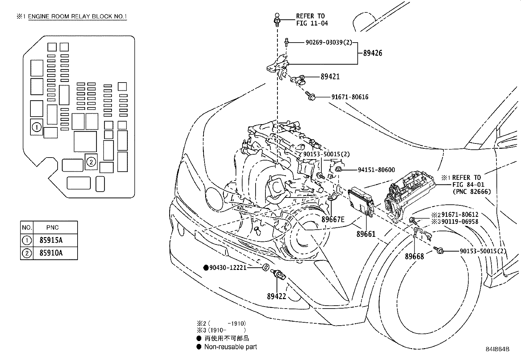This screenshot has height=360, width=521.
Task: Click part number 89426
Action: coord(372,53)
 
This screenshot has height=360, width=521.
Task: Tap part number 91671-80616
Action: coord(350,97)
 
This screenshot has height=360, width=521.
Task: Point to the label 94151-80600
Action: coord(376,170)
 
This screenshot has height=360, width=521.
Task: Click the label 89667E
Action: coord(333,219)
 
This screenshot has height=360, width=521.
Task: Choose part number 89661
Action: coord(366,234)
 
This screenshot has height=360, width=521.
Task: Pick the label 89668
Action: coord(414,256)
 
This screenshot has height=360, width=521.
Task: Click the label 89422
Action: coord(277,296)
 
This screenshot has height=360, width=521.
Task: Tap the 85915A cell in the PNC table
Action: coord(51,240)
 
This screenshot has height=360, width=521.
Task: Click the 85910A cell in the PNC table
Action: coord(51,253)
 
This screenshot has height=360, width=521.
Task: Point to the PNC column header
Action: coord(52,227)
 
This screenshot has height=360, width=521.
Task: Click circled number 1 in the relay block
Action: coord(37,127)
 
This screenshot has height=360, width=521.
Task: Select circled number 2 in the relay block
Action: coord(91,161)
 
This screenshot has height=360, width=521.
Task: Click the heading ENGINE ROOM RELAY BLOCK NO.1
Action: coord(77,17)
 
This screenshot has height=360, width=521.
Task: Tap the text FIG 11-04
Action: coord(312,23)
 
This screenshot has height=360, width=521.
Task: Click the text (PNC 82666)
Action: coord(472,192)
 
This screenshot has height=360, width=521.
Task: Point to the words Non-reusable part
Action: coord(230,347)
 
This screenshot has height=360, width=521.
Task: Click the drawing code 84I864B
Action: coord(497,350)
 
